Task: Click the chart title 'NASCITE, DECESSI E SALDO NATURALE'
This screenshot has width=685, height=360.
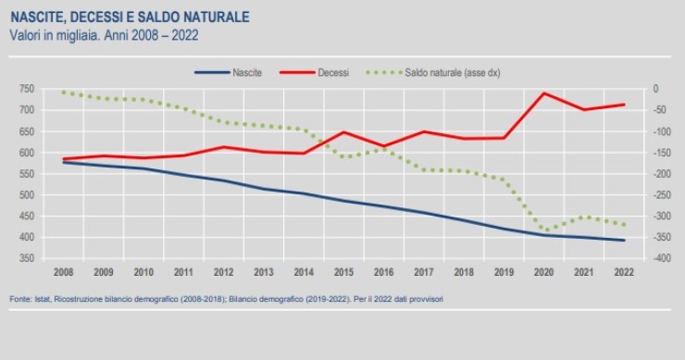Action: pos(130,17)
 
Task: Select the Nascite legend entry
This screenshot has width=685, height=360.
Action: pos(246,72)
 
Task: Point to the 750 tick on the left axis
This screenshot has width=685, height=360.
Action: pos(26,90)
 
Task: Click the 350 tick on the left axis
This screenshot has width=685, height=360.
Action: pos(26,259)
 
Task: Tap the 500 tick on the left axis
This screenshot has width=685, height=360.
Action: pos(26,195)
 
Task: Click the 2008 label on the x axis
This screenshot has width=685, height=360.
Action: pos(63,273)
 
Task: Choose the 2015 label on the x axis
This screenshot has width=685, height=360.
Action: pos(342,273)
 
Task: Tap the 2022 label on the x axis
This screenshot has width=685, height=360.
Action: pos(624,273)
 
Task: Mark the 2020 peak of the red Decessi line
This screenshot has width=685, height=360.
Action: pos(544,93)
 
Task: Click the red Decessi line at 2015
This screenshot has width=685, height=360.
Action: pos(342,132)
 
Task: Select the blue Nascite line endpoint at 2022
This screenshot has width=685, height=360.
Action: pos(624,241)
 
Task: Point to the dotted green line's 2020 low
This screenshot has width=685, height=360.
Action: pos(546,230)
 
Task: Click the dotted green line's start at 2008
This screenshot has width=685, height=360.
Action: pos(63,92)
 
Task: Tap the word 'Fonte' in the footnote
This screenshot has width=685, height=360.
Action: pos(20,299)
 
